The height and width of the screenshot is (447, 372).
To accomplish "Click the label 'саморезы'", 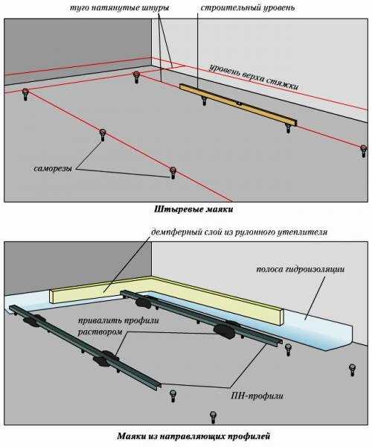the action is [53, 168].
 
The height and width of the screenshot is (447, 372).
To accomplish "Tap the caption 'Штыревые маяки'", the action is [193, 209].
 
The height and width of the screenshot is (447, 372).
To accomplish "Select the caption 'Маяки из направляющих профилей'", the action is [193, 436].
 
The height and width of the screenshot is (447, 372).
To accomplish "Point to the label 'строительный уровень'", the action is [248, 7].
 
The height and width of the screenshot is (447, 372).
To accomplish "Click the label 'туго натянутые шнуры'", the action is [120, 7].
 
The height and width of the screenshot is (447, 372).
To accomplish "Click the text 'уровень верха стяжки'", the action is [254, 77].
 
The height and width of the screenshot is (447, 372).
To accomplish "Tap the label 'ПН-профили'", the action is [257, 396].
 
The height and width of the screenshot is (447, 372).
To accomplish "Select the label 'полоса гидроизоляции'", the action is [301, 270].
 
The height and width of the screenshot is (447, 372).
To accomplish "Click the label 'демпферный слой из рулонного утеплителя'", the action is [239, 232].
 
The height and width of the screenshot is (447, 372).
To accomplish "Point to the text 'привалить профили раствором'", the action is [118, 326].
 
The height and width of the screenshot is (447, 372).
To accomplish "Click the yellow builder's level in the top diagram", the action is [238, 104].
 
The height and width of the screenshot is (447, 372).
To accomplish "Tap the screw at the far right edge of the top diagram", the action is [364, 150].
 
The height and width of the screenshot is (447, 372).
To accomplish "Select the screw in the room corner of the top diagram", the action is [137, 77].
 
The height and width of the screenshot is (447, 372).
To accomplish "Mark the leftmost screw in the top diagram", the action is [25, 95].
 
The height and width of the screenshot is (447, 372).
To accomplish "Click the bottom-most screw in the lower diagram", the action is [213, 417].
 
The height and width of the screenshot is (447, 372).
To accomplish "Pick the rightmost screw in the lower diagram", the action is [352, 370].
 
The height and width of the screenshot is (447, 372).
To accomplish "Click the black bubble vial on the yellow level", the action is [240, 104].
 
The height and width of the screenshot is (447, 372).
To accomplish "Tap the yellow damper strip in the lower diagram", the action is [166, 297].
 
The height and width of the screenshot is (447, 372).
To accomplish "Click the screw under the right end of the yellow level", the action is [289, 127].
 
